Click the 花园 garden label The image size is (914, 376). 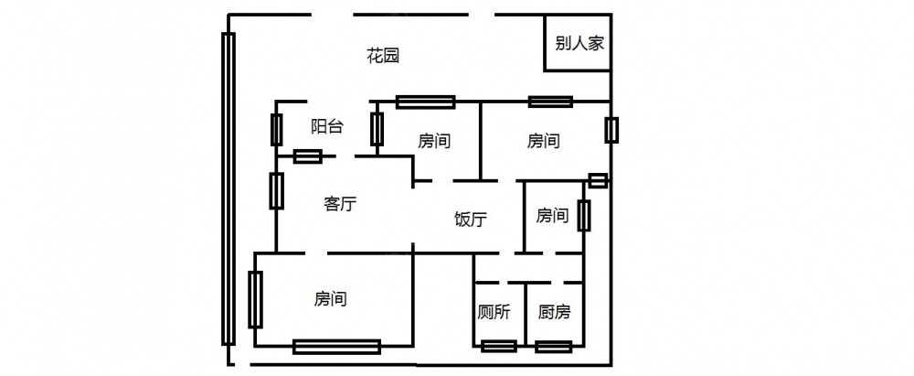click(x=384, y=56)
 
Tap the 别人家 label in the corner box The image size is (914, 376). click(x=578, y=43)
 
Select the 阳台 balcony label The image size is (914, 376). click(x=327, y=127)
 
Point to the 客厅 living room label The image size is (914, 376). click(x=340, y=203)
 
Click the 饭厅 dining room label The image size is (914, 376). click(x=470, y=220)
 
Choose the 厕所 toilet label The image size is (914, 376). click(x=494, y=313)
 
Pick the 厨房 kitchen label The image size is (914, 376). click(x=554, y=313)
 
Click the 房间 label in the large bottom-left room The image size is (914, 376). click(x=330, y=298)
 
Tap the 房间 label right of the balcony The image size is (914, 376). click(x=434, y=142)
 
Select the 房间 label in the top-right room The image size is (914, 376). click(x=543, y=142)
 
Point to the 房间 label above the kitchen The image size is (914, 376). click(x=552, y=216)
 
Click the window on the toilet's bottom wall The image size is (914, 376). click(x=498, y=346)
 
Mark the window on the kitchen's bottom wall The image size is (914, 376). click(x=555, y=346)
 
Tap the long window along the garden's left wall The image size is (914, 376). click(x=228, y=188)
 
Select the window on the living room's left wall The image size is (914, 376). click(x=275, y=190)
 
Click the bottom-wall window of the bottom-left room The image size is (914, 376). click(x=336, y=346)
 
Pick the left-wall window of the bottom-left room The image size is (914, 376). click(x=255, y=299)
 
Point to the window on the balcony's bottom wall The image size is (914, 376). click(x=307, y=156)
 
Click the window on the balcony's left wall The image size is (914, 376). click(x=276, y=129)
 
